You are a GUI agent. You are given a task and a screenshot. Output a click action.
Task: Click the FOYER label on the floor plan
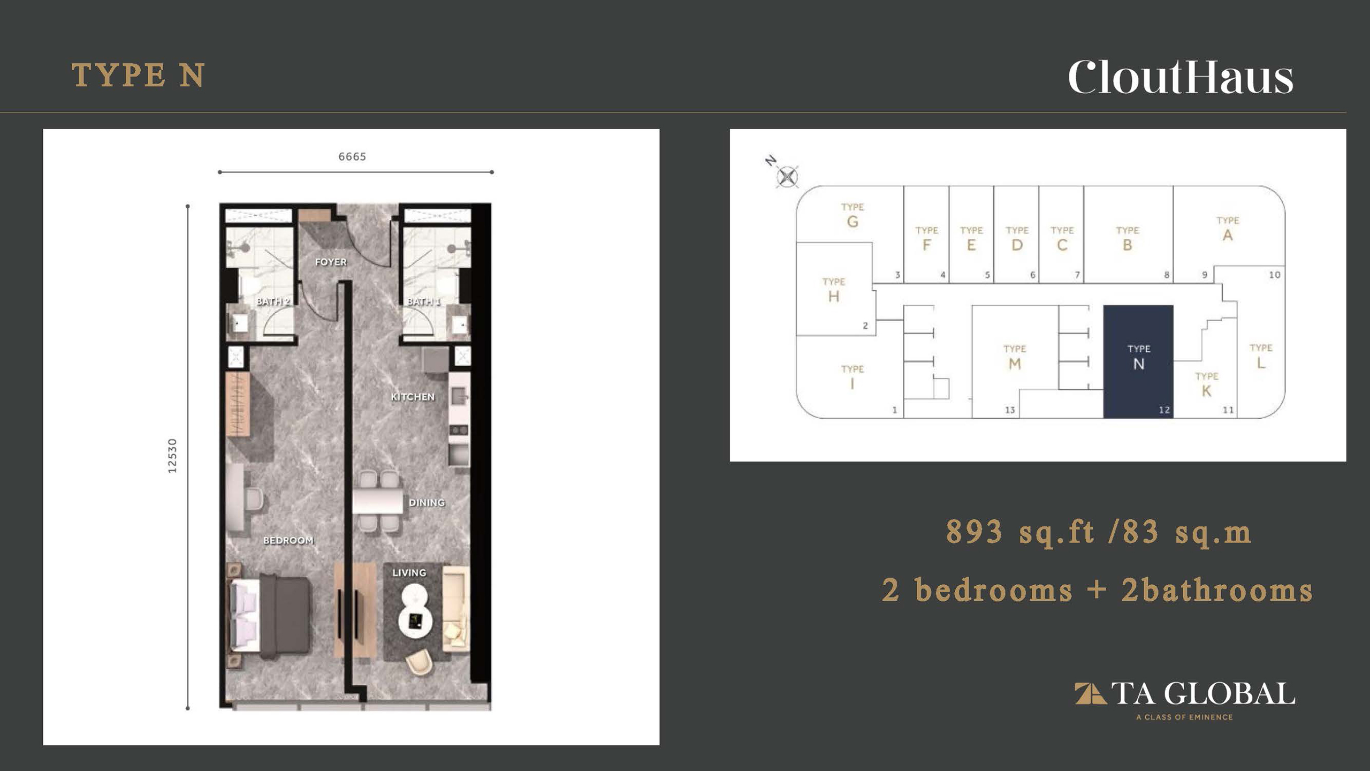click(331, 262)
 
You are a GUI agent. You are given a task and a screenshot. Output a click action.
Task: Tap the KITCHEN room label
click(413, 397)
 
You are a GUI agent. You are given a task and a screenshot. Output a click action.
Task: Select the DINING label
click(427, 503)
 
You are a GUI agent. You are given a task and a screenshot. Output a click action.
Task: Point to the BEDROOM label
click(288, 540)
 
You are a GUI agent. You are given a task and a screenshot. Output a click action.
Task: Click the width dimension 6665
click(352, 156)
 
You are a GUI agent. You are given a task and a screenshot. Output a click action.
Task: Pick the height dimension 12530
click(172, 456)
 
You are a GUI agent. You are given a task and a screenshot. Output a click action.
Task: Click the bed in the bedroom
click(270, 616)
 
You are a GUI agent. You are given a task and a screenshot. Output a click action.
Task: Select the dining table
click(378, 501)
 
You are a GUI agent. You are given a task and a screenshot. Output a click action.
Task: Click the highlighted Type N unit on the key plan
click(1138, 361)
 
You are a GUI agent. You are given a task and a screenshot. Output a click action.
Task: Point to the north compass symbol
click(787, 177)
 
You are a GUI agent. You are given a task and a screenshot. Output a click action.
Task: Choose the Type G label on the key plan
click(853, 215)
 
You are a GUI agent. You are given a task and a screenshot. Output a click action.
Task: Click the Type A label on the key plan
click(1228, 229)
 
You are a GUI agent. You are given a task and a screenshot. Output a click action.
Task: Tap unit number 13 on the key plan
click(1009, 410)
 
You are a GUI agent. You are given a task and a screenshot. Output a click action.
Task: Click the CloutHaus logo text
click(1181, 78)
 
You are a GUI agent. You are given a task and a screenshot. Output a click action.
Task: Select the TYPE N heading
click(138, 75)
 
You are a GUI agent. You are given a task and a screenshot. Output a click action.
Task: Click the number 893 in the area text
click(974, 532)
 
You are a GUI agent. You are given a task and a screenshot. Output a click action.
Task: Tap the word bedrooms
click(994, 590)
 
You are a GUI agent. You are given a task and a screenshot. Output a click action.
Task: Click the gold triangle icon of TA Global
click(1090, 693)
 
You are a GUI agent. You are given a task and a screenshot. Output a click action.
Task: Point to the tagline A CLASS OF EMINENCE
click(1184, 717)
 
